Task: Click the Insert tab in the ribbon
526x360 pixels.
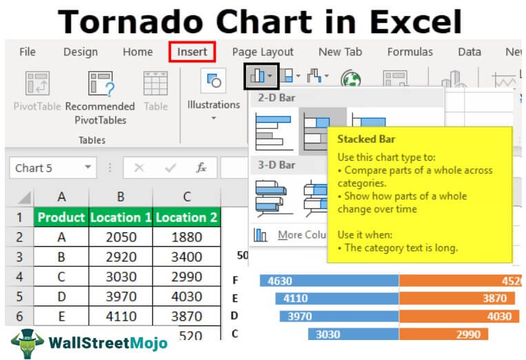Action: [192, 52]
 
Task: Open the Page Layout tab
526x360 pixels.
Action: [263, 52]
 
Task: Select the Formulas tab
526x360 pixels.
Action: [410, 52]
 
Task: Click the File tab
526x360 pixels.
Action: [28, 52]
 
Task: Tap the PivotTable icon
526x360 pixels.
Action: [37, 83]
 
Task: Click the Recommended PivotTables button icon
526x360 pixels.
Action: [100, 83]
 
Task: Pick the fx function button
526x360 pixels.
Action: [201, 168]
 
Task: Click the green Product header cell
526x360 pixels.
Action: [61, 217]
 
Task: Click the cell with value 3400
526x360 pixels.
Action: [186, 257]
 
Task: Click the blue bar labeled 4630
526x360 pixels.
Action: [329, 281]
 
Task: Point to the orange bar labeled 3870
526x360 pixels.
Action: [456, 299]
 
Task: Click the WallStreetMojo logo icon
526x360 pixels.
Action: [27, 343]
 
